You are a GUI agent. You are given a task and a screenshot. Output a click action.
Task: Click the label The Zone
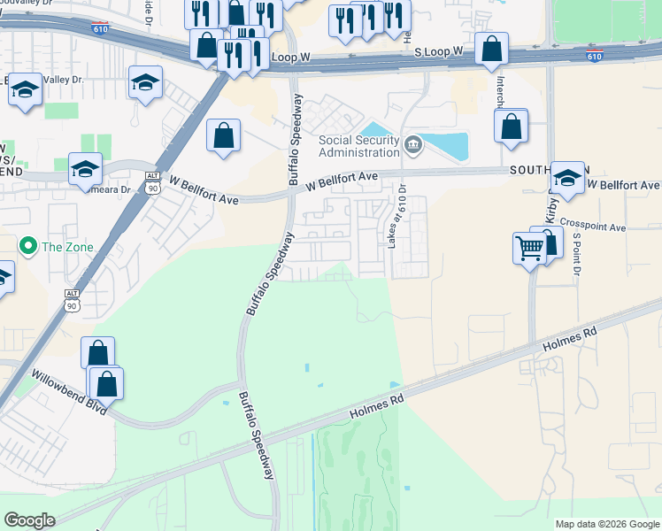coord(65,245)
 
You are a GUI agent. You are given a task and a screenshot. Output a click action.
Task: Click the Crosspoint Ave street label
coord(592,227)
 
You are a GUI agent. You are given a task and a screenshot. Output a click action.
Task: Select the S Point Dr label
coord(575,253)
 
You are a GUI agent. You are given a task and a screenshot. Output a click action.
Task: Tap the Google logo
coord(29,520)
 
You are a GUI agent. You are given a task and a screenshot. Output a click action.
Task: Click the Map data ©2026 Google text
coord(607,524)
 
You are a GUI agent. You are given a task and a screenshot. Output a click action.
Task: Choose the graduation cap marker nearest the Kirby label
coord(566,178)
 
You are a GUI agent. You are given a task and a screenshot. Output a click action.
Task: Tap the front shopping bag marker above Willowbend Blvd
coord(106,383)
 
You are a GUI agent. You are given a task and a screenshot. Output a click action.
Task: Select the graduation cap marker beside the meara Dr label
coord(85,168)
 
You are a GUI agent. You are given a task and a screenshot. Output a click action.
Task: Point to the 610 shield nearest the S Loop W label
coord(595,57)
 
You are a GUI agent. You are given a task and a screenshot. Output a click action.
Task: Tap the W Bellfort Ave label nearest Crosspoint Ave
coord(624,186)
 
